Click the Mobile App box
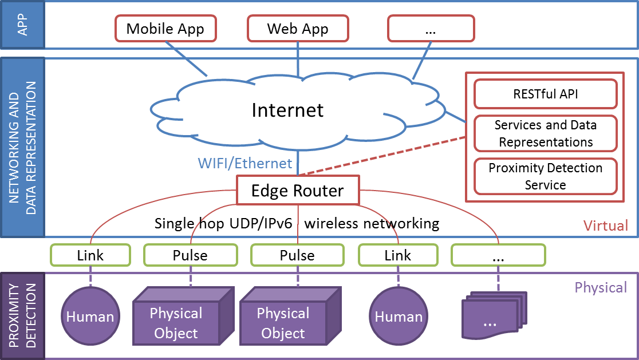165,29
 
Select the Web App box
298,29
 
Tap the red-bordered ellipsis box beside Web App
431,29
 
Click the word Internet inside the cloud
287,110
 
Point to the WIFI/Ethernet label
245,163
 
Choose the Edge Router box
298,190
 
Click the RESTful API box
545,94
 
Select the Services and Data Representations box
545,133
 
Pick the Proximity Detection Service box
545,176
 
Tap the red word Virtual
605,226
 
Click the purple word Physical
601,287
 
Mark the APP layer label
22,25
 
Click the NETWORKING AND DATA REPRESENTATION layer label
22,148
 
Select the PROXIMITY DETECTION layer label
22,316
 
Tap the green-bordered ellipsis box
498,255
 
